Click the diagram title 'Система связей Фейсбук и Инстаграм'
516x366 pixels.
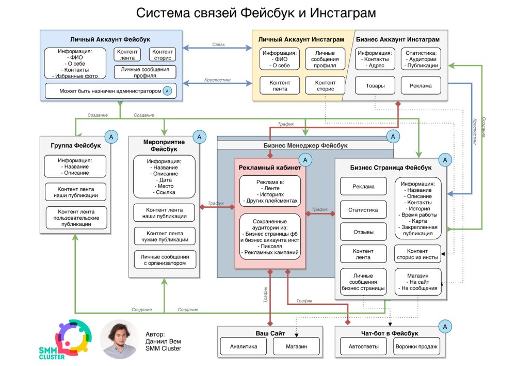pyautogui.click(x=256, y=12)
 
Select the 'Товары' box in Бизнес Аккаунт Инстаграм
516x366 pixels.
pyautogui.click(x=375, y=86)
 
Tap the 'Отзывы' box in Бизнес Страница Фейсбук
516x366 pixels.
pyautogui.click(x=363, y=232)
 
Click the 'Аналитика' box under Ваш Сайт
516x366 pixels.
pyautogui.click(x=244, y=346)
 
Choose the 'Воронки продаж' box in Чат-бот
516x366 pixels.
pyautogui.click(x=417, y=346)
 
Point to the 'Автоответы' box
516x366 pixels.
pyautogui.click(x=364, y=346)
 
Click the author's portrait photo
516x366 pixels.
pyautogui.click(x=120, y=339)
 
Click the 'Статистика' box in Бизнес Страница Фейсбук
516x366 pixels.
pyautogui.click(x=363, y=210)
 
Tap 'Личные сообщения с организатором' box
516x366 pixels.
pyautogui.click(x=164, y=260)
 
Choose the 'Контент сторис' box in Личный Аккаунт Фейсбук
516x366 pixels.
pyautogui.click(x=162, y=55)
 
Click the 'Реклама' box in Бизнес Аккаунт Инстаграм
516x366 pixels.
pyautogui.click(x=421, y=86)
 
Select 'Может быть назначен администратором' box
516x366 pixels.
pyautogui.click(x=110, y=91)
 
